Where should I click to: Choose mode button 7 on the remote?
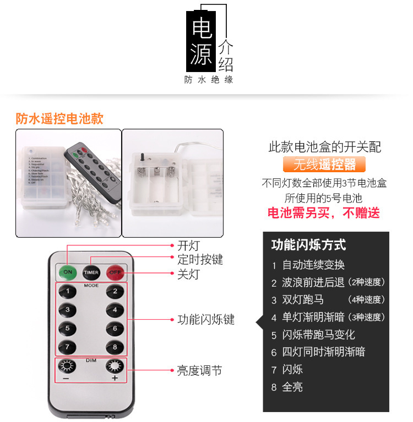tap(68, 347)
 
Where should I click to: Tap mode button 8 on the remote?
tap(115, 347)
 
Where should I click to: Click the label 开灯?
tap(188, 245)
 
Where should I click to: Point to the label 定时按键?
tap(200, 259)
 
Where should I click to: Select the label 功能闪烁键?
tap(205, 319)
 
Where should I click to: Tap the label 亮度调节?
tap(199, 371)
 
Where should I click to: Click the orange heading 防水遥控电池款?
tap(59, 119)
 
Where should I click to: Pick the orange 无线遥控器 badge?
tap(324, 165)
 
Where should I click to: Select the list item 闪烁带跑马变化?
tap(318, 335)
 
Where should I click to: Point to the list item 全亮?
tap(292, 387)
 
